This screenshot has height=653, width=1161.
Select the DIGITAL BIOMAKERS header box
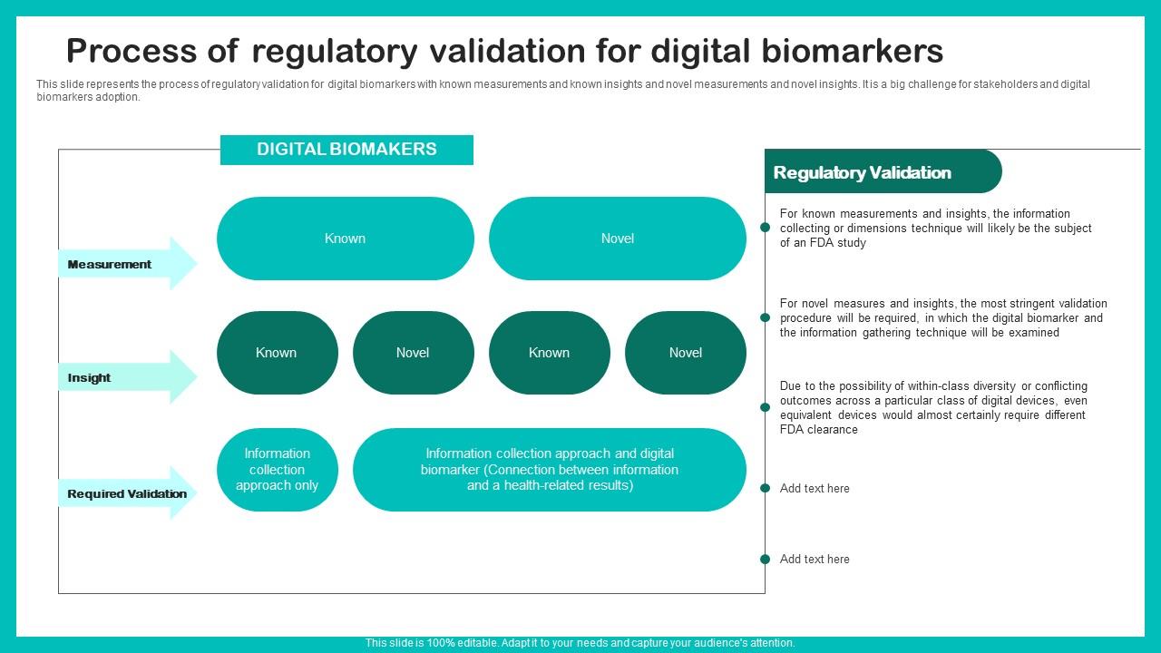(x=346, y=150)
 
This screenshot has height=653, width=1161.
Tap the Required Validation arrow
(x=127, y=493)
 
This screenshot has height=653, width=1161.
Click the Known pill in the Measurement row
(x=345, y=239)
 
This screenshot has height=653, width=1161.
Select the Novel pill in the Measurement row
(x=617, y=239)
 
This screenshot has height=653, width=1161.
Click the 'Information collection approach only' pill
(x=277, y=470)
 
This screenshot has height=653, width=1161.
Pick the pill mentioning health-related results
(x=549, y=470)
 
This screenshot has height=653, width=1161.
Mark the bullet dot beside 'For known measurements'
(x=765, y=228)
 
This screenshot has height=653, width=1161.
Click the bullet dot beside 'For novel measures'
(x=765, y=317)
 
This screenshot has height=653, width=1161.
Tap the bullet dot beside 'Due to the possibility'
(x=765, y=407)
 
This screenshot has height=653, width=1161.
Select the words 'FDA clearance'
(x=818, y=430)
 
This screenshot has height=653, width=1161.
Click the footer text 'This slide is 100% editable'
(x=431, y=643)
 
